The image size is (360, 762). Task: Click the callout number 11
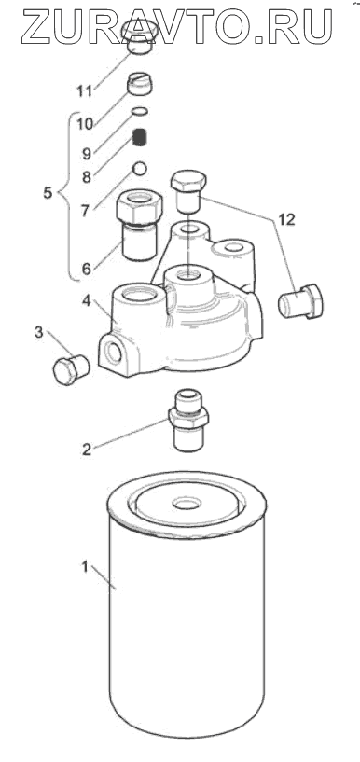pyautogui.click(x=85, y=90)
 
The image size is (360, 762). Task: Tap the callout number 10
pyautogui.click(x=85, y=124)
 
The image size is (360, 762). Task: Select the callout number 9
pyautogui.click(x=87, y=154)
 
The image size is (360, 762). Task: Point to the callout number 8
pyautogui.click(x=87, y=177)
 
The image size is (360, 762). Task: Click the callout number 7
pyautogui.click(x=87, y=212)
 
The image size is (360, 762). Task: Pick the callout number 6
pyautogui.click(x=87, y=269)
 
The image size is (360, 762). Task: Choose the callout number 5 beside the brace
pyautogui.click(x=48, y=193)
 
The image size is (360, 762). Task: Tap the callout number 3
pyautogui.click(x=39, y=333)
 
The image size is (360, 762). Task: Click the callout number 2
pyautogui.click(x=87, y=450)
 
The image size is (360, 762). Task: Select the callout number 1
pyautogui.click(x=85, y=567)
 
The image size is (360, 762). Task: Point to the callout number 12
pyautogui.click(x=287, y=220)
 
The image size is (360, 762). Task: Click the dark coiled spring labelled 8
pyautogui.click(x=140, y=136)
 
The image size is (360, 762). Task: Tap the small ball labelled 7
pyautogui.click(x=140, y=168)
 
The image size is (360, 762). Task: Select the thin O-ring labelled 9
pyautogui.click(x=140, y=112)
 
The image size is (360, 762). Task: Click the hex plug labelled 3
pyautogui.click(x=71, y=370)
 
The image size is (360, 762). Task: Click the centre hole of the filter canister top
pyautogui.click(x=187, y=504)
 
